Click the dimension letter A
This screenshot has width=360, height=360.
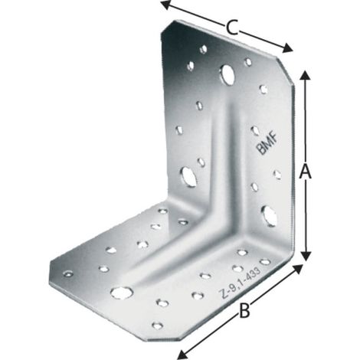(306, 172)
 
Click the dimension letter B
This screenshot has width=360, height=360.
(244, 310)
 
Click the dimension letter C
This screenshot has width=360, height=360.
(232, 28)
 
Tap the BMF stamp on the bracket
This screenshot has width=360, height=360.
(267, 144)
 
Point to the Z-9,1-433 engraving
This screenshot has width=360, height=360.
(241, 283)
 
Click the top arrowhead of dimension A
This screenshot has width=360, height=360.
(304, 76)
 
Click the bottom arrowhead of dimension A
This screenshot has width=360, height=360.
(306, 256)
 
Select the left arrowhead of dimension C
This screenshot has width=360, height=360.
(166, 5)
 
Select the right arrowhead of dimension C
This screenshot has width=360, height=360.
(287, 47)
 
